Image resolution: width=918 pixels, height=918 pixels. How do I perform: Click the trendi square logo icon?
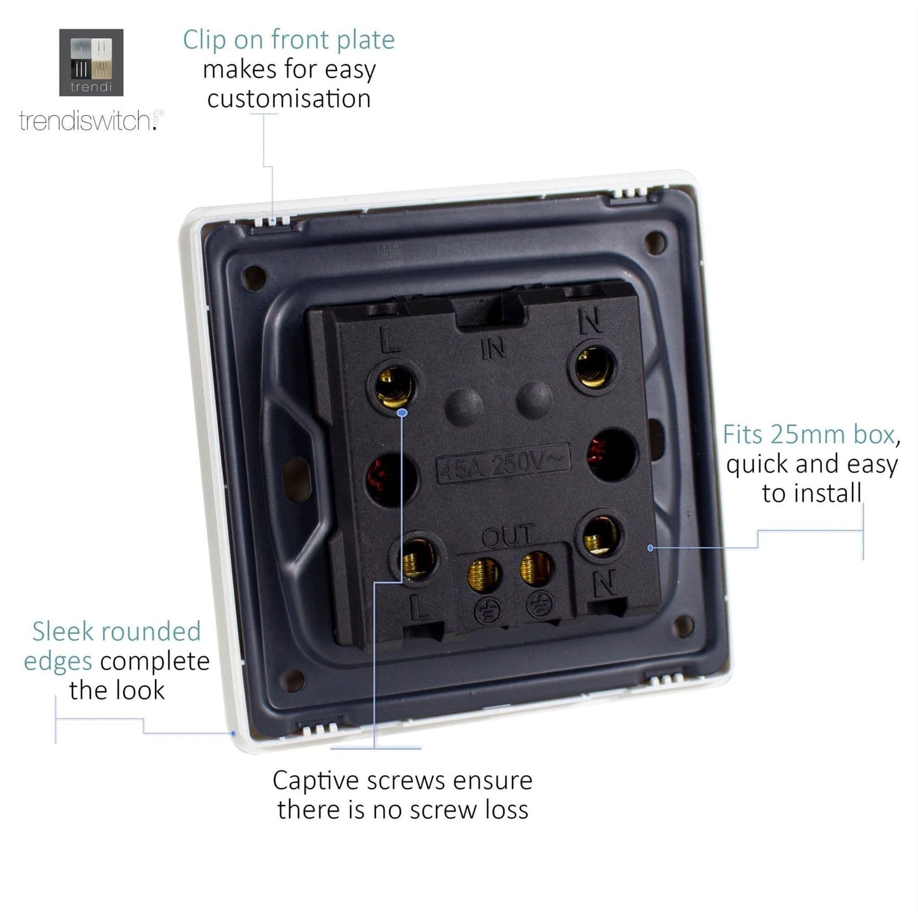(x=91, y=62)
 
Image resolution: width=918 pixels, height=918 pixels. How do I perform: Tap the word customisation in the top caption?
(x=289, y=99)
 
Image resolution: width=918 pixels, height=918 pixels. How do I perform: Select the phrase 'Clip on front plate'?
(x=288, y=39)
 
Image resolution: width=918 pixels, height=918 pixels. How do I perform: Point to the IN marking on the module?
(x=493, y=349)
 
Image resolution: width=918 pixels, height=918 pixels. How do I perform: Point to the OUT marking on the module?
(x=508, y=535)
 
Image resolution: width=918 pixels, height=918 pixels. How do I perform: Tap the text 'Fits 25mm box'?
(x=808, y=435)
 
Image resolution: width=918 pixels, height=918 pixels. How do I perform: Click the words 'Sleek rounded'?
(x=116, y=631)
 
